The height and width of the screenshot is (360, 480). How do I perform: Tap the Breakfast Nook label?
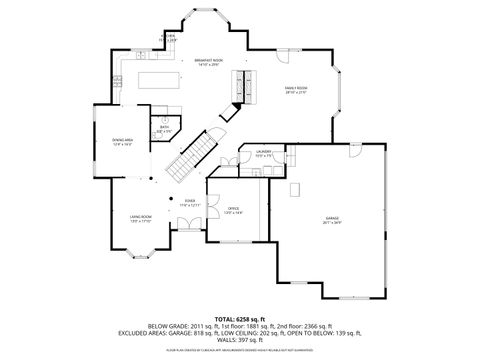[x=208, y=62]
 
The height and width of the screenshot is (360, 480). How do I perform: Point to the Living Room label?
[x=139, y=218]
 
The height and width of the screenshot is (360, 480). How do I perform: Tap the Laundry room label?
[x=264, y=153]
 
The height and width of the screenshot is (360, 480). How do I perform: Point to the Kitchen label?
[x=170, y=37]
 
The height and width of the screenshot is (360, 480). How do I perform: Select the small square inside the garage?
[x=296, y=188]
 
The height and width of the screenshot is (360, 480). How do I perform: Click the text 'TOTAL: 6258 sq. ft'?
[x=240, y=318]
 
